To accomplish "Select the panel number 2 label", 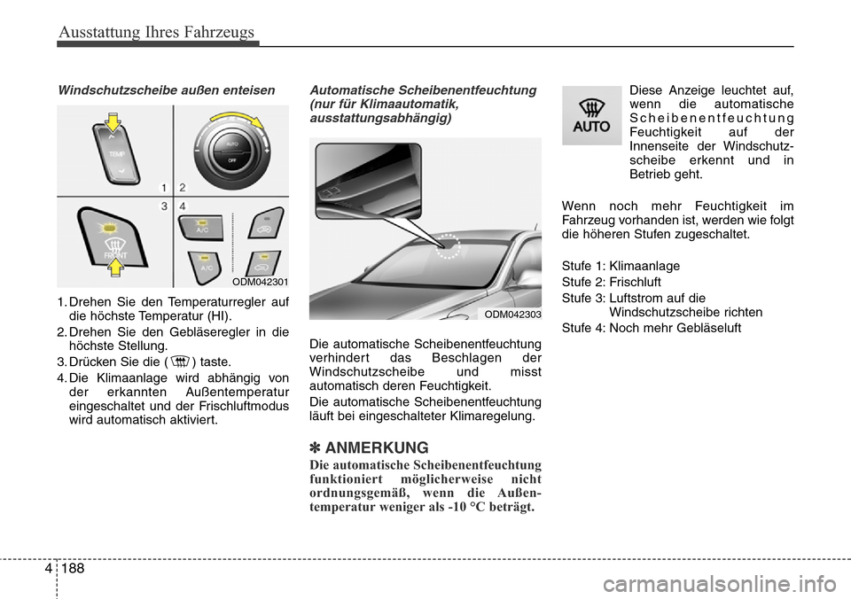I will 183,187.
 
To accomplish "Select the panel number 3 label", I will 165,206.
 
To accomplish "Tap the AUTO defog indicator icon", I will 591,116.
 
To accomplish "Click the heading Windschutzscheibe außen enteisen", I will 160,89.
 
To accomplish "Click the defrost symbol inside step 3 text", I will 180,362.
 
